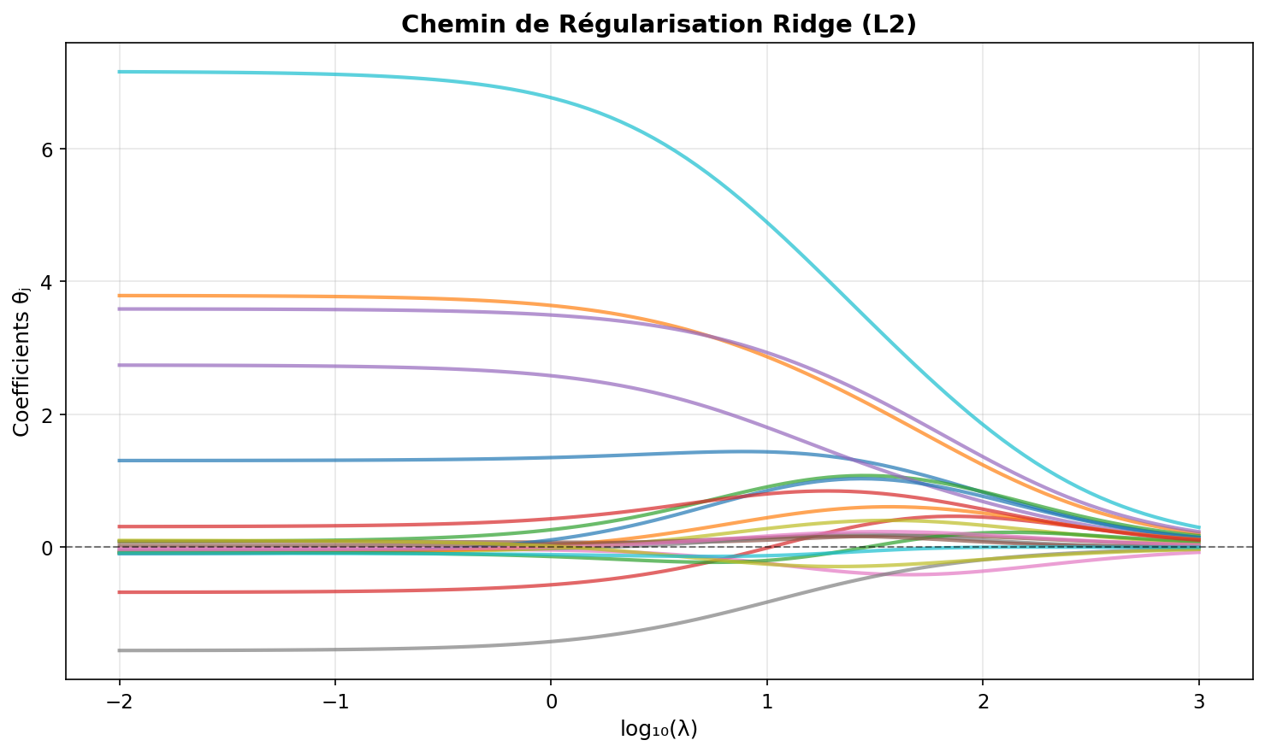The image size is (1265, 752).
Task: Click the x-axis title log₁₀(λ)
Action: click(659, 729)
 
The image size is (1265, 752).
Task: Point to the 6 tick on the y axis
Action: click(48, 150)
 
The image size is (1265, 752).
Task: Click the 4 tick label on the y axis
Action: click(48, 282)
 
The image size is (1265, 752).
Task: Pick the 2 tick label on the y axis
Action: click(48, 414)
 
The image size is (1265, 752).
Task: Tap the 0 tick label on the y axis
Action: click(48, 547)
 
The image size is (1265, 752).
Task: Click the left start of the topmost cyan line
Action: click(120, 72)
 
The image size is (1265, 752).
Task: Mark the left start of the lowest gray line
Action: click(120, 650)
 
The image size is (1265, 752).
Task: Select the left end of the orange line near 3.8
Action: click(120, 296)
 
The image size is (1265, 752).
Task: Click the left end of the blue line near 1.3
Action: click(120, 461)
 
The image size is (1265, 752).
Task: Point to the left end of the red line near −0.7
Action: click(120, 592)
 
